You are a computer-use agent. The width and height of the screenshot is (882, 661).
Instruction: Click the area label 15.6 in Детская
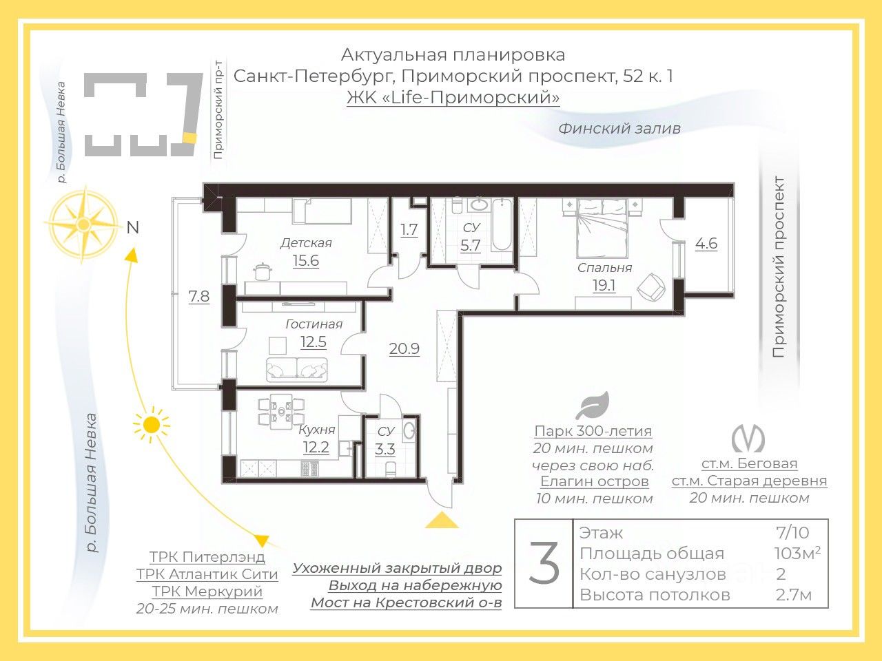click(306, 261)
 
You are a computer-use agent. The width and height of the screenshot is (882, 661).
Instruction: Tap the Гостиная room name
click(314, 324)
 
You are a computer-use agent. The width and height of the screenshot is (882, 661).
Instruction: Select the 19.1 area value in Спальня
click(604, 285)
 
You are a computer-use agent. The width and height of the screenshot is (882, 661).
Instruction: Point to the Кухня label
click(317, 430)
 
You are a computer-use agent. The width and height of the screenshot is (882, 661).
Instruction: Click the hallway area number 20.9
click(404, 349)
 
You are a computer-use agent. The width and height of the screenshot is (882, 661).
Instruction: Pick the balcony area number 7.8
click(199, 296)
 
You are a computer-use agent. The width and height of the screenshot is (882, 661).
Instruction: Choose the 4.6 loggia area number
click(706, 243)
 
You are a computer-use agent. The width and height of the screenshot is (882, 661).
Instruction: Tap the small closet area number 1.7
click(409, 229)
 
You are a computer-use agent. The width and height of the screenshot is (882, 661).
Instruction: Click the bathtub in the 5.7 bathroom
click(502, 224)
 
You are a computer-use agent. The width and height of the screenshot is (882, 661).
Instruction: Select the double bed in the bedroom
click(602, 228)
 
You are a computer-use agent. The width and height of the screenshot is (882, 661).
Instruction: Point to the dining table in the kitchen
click(281, 411)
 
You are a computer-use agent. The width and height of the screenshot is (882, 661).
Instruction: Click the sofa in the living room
click(296, 369)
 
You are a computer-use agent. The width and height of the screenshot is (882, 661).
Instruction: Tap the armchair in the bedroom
click(650, 286)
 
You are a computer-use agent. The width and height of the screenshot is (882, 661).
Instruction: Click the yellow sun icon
click(152, 425)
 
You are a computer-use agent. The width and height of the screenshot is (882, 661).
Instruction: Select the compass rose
click(83, 224)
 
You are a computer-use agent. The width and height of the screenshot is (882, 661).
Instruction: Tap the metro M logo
click(748, 438)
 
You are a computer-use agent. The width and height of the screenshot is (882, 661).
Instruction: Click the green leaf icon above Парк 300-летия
click(593, 406)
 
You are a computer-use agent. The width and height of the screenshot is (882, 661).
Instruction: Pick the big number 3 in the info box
click(544, 563)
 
